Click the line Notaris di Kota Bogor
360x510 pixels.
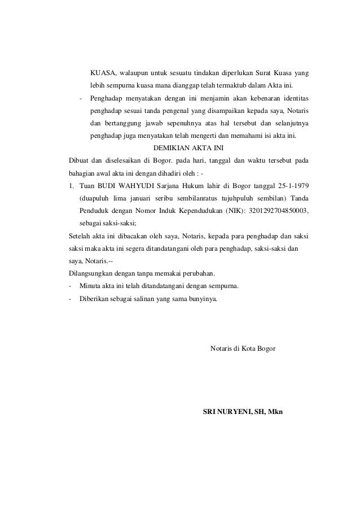(x=243, y=348)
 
